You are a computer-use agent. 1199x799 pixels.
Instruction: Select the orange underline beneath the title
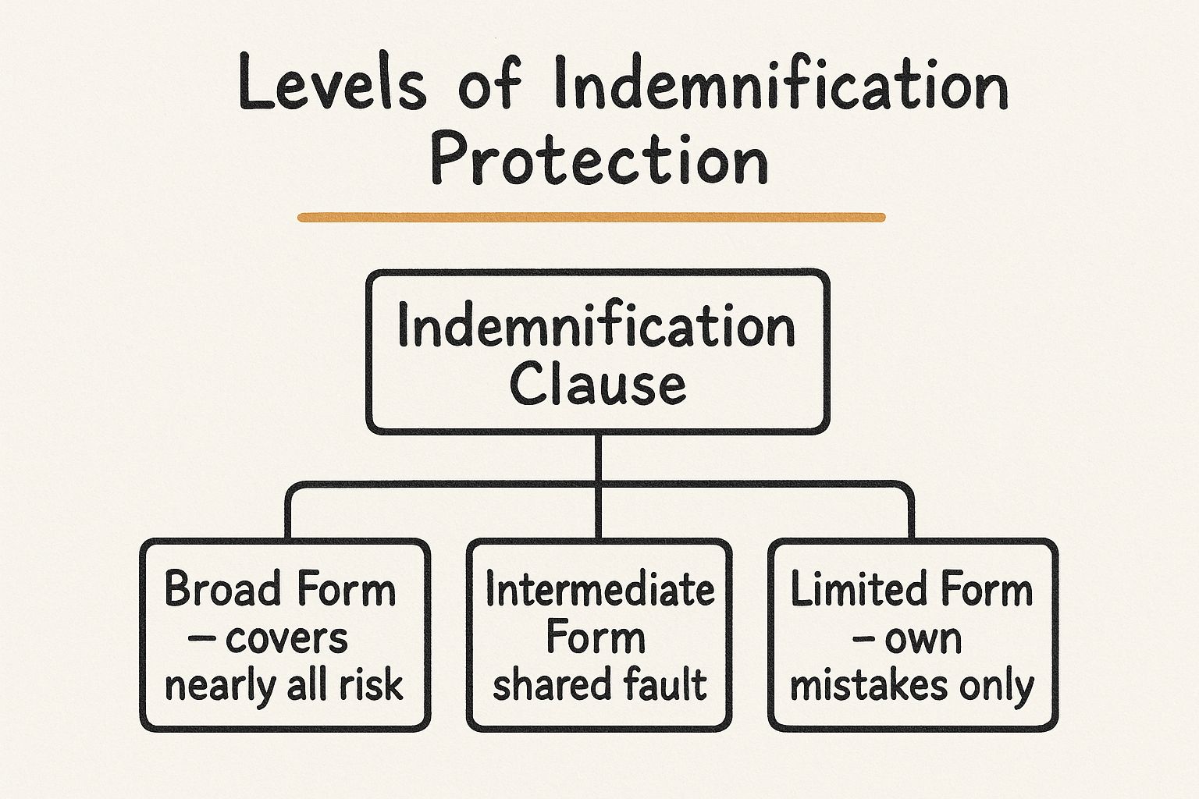pos(592,218)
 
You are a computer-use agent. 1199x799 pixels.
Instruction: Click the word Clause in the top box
pos(598,383)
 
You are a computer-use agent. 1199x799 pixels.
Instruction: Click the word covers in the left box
pos(286,639)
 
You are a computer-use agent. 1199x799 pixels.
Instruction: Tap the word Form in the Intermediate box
pos(596,637)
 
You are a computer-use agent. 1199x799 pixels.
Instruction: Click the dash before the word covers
pos(201,639)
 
